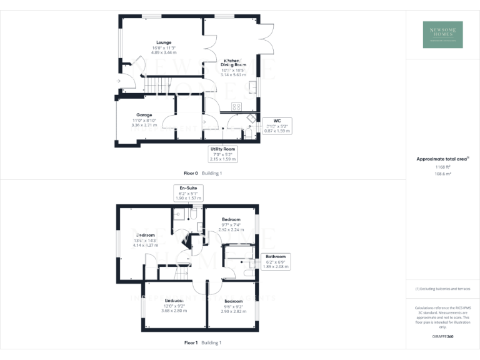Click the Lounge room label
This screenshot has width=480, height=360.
(164, 47)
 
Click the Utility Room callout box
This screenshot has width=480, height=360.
(222, 154)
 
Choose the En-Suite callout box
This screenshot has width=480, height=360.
(188, 192)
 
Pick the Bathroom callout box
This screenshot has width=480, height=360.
(275, 261)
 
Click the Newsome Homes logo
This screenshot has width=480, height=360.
(443, 34)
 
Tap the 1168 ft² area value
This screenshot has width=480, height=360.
(443, 167)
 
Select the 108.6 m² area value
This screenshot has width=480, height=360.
(443, 174)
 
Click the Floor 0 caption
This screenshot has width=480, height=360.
(203, 172)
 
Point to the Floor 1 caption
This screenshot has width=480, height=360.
(203, 342)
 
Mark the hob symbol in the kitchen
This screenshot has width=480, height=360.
(237, 106)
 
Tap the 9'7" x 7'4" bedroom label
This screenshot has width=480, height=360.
(231, 224)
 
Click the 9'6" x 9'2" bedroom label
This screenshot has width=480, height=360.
(234, 306)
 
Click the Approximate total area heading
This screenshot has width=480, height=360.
(442, 159)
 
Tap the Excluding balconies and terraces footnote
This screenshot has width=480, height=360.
(443, 289)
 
